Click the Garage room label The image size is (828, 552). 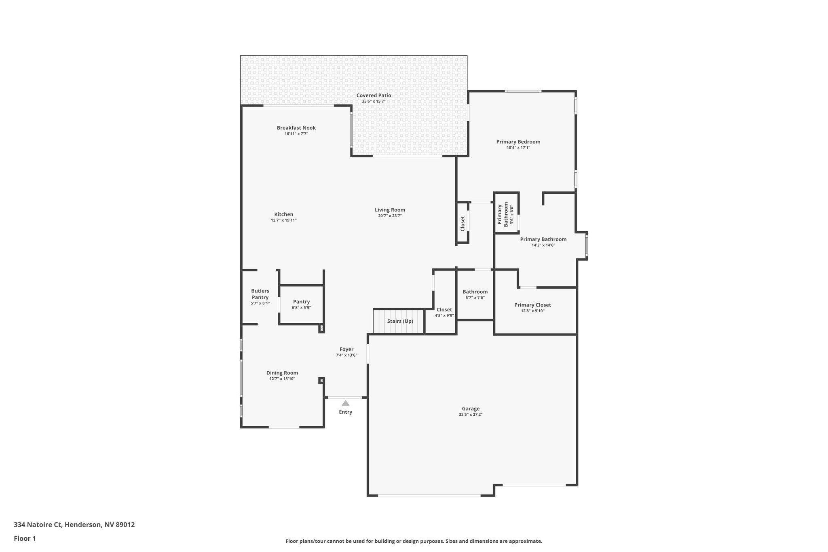click(471, 409)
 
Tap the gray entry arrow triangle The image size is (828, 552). click(345, 403)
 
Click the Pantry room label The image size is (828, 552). click(301, 302)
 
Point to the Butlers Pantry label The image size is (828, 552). click(260, 294)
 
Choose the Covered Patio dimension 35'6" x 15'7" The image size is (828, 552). click(374, 102)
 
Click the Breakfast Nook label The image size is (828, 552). click(296, 128)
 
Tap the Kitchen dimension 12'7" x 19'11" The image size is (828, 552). click(284, 220)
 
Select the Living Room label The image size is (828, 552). click(390, 210)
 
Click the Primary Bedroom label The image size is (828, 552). click(518, 142)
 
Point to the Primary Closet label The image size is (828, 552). click(532, 305)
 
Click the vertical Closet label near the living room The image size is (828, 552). click(463, 224)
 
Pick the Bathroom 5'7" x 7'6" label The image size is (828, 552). click(475, 292)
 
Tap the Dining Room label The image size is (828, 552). click(282, 373)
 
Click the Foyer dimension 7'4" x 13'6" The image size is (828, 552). click(346, 355)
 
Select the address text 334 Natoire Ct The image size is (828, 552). click(38, 525)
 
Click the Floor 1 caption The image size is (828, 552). click(25, 539)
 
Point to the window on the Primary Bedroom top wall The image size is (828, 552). click(523, 91)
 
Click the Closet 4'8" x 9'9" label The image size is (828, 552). click(444, 310)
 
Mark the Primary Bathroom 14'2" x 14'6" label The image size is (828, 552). click(543, 239)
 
